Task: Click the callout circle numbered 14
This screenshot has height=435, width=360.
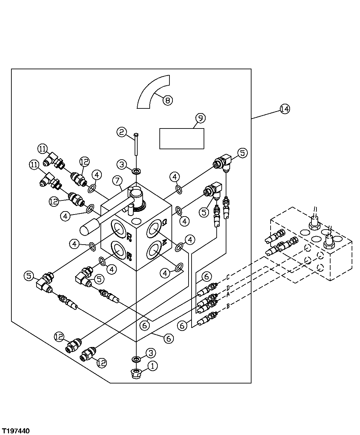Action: tap(285, 109)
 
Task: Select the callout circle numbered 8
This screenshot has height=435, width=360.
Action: tap(167, 100)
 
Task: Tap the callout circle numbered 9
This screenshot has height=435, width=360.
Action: tap(200, 118)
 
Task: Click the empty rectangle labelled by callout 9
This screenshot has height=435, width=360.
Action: tap(182, 138)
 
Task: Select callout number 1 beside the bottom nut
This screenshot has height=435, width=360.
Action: tap(152, 366)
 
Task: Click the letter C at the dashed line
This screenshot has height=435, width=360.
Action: tap(228, 277)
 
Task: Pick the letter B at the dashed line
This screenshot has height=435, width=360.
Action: tap(228, 306)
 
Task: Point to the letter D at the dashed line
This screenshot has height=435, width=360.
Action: tap(228, 287)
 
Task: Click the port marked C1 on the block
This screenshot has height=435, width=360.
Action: tap(154, 229)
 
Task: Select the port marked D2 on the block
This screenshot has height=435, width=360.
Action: tap(119, 229)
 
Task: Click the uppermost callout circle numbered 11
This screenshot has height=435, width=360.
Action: tap(43, 149)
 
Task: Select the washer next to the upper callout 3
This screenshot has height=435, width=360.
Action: tap(136, 172)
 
